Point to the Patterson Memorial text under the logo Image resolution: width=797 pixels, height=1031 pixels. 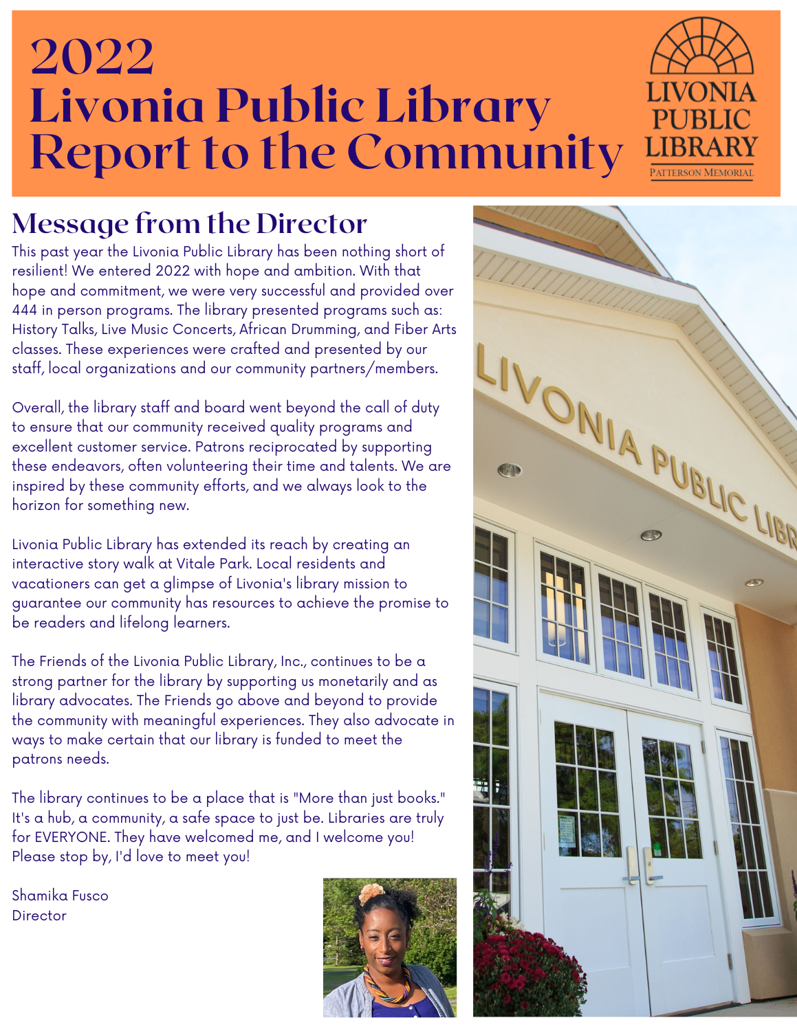701,173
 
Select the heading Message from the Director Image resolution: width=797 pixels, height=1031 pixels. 190,223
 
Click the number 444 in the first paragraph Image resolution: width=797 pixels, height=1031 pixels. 25,310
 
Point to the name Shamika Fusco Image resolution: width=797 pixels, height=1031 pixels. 61,896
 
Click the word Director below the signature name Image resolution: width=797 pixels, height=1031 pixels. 39,916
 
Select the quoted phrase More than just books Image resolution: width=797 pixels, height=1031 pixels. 369,798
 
